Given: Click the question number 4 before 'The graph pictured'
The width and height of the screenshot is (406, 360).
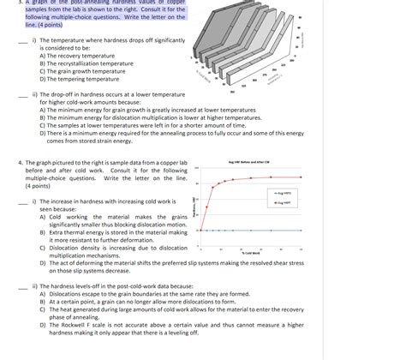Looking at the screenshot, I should [20, 162].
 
